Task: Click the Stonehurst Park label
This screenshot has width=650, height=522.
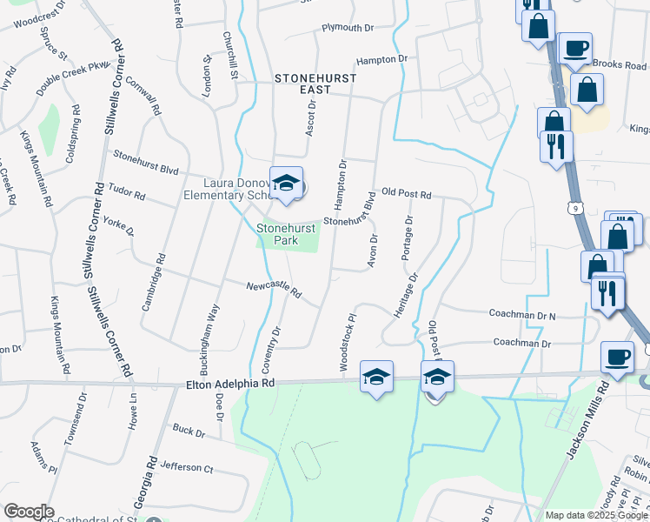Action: point(278,234)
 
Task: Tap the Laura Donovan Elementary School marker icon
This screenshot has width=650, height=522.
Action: point(286,184)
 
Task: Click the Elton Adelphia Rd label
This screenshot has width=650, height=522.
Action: point(230,383)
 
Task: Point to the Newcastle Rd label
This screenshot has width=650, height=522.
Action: point(272,291)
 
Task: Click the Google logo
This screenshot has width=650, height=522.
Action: point(29,512)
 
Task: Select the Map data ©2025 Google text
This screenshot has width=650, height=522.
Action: point(596,515)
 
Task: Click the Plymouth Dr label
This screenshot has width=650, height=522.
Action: point(347,28)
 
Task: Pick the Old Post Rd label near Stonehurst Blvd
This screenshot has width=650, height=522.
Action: point(406,193)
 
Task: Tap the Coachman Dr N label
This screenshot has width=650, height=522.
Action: point(522,315)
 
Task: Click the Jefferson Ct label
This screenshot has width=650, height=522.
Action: point(186,467)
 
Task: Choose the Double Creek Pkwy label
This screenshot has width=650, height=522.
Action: point(75,77)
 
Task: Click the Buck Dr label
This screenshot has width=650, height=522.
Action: point(188,430)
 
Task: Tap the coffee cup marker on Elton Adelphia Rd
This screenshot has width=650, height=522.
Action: point(617,358)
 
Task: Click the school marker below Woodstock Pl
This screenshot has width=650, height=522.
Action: point(376,378)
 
